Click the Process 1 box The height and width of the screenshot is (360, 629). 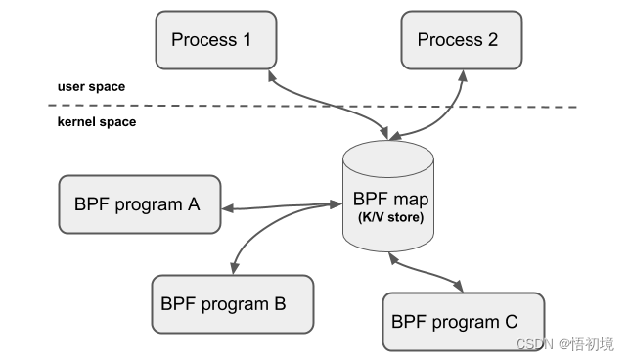pos(211,41)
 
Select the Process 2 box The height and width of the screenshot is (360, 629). pos(457,41)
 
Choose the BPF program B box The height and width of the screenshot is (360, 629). pos(232,303)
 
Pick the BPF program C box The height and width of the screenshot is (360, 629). pos(463,321)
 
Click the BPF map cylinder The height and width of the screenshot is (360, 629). pos(388,196)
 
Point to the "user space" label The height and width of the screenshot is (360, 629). pos(91,87)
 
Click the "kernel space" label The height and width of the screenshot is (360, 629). pos(97,122)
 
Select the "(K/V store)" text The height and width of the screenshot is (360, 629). pos(389,216)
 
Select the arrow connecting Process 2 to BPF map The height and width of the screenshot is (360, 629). pos(445,112)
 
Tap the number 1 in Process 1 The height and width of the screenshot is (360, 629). pos(246,40)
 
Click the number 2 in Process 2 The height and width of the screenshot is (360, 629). pos(491,40)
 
